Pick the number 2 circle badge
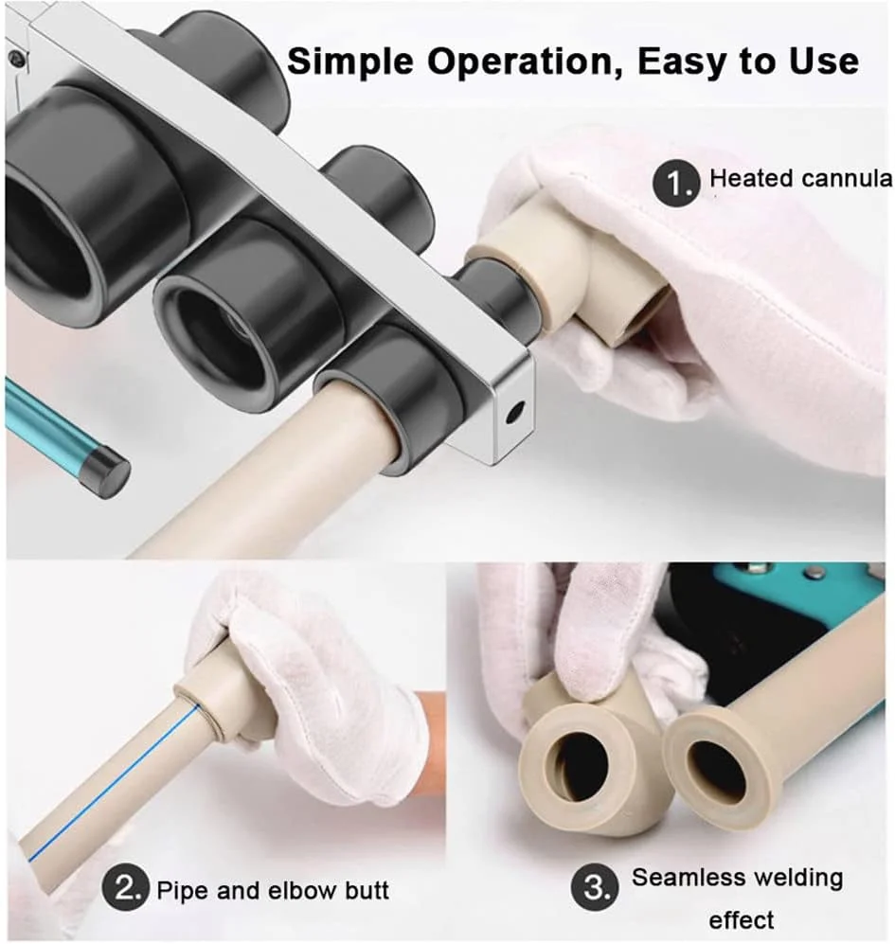[125, 889]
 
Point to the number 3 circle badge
[594, 888]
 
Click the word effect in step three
[742, 920]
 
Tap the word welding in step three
[799, 879]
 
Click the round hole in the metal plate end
[515, 413]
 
